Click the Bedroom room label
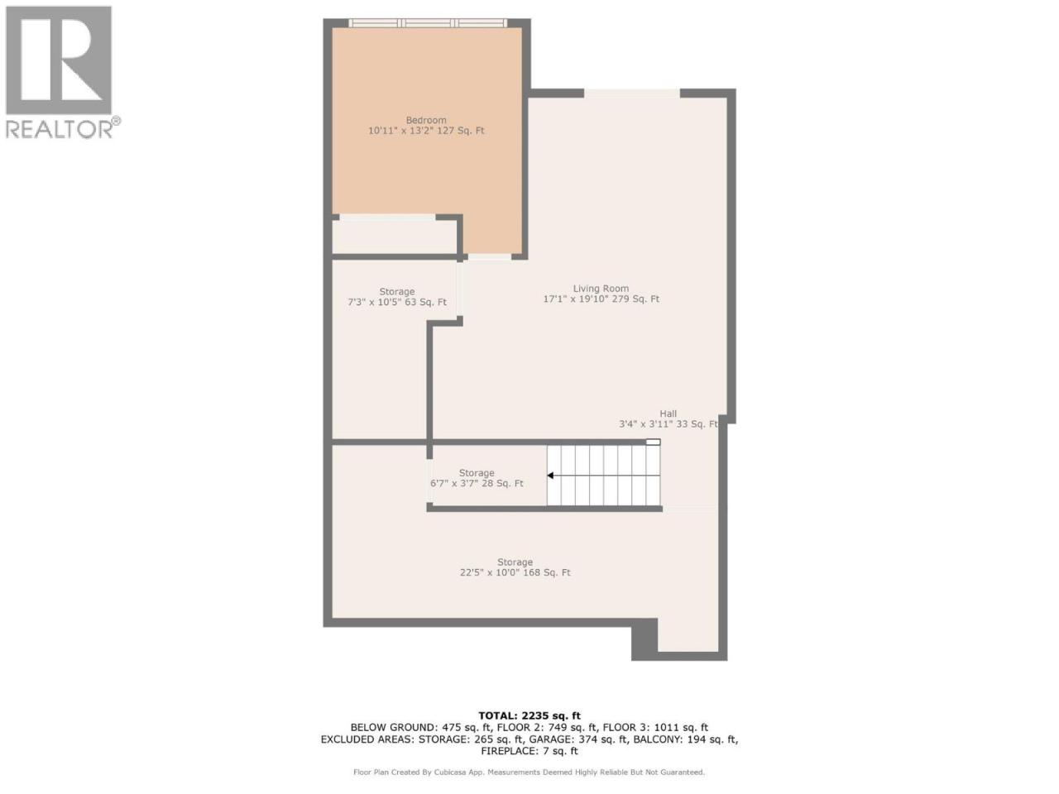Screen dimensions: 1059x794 (x=425, y=120)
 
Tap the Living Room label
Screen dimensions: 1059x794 (x=601, y=289)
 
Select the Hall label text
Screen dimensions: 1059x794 (x=668, y=414)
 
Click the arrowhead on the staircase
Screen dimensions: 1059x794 (x=550, y=476)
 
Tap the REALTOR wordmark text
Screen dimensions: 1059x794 (x=60, y=129)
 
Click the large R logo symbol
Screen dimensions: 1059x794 (x=59, y=60)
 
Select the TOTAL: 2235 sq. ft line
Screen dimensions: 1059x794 (x=529, y=716)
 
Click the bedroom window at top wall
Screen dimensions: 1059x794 (x=428, y=22)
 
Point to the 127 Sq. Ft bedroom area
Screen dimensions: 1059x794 (x=460, y=131)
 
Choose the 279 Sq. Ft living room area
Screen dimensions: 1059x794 (x=635, y=299)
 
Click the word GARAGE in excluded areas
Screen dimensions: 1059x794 (x=549, y=739)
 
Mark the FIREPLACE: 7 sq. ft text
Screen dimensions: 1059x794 (x=529, y=751)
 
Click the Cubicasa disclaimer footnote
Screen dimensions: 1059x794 (x=529, y=772)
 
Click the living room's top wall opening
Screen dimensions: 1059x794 (x=632, y=93)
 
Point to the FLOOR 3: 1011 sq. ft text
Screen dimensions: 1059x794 (x=655, y=728)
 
